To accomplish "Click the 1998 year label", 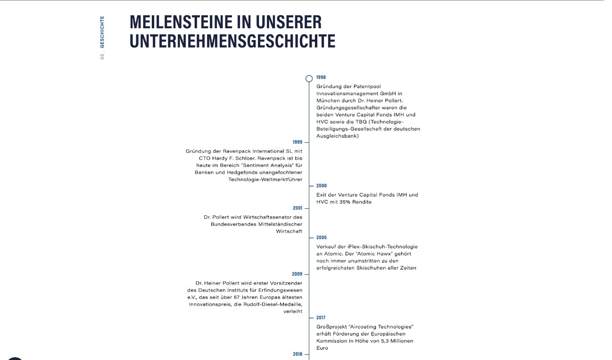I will [321, 77].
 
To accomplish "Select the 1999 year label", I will [297, 142].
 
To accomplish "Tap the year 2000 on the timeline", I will [321, 186].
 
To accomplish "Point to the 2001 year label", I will [297, 208].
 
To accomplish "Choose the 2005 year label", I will [321, 237].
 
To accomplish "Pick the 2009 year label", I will [297, 274].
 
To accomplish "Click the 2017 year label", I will [321, 318].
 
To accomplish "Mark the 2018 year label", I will [297, 354].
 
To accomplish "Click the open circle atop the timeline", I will [309, 79].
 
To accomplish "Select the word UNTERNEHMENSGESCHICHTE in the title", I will [232, 41].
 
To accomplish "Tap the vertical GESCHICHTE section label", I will [102, 32].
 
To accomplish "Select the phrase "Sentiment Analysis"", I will [272, 165].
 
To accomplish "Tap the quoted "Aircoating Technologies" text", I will [384, 327].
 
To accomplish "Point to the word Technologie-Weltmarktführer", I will [265, 180].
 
